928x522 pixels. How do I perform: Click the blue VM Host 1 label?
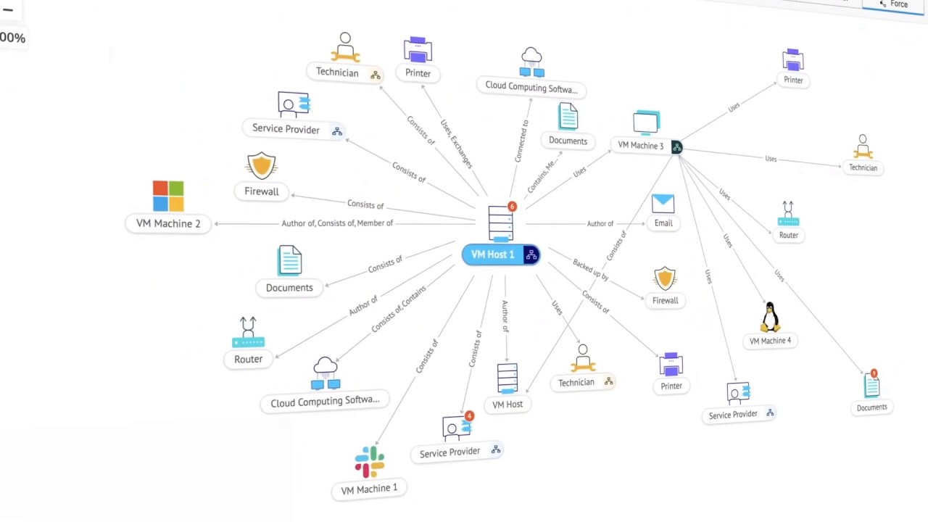(492, 254)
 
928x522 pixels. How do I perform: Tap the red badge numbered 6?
(512, 207)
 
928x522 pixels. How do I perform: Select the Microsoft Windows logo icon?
(168, 196)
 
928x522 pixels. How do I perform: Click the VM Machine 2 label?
(168, 223)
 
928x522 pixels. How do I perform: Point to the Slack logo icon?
(369, 462)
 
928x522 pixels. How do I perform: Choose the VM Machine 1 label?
(369, 489)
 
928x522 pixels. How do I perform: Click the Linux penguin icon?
(770, 317)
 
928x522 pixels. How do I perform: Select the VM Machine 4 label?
(770, 341)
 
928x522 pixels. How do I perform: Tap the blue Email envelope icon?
(663, 204)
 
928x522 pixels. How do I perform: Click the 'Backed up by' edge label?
(590, 270)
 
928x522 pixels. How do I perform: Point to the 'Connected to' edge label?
(521, 141)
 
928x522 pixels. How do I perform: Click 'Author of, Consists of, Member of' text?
(337, 223)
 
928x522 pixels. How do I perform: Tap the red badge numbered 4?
(469, 416)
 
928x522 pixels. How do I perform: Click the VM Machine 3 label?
(640, 146)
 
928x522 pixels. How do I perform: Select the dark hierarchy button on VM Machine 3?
(676, 147)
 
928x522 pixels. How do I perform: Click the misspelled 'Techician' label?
(863, 167)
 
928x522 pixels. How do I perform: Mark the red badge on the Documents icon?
(874, 373)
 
